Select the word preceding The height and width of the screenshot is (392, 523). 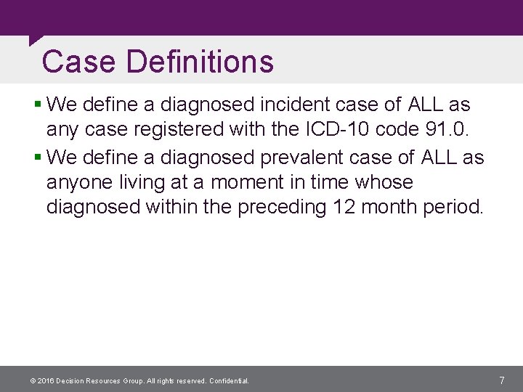point(280,208)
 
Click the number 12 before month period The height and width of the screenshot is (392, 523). point(344,208)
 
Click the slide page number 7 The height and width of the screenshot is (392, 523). point(502,380)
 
